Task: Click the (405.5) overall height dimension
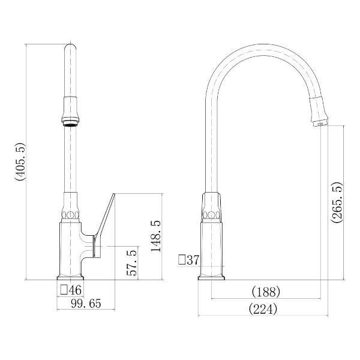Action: tap(20, 162)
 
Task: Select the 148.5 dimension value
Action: tap(156, 236)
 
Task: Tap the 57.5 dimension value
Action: tap(132, 263)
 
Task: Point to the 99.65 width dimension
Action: tap(86, 304)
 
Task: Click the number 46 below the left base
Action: tap(75, 290)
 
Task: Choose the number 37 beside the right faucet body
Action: tap(193, 260)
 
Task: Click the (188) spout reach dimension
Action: tap(266, 292)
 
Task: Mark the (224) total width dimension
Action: tap(263, 309)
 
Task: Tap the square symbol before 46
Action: tap(64, 290)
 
